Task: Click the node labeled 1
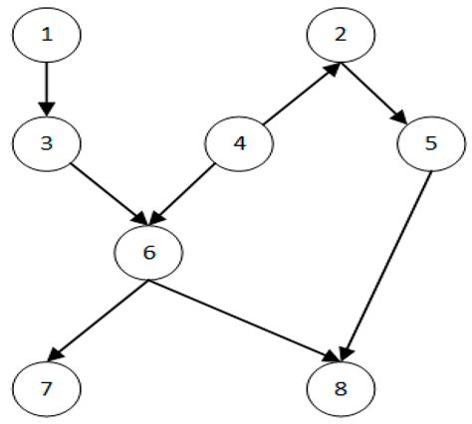point(45,36)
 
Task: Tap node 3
point(45,143)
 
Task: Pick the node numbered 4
point(238,143)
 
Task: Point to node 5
point(430,143)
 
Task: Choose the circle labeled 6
point(149,253)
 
